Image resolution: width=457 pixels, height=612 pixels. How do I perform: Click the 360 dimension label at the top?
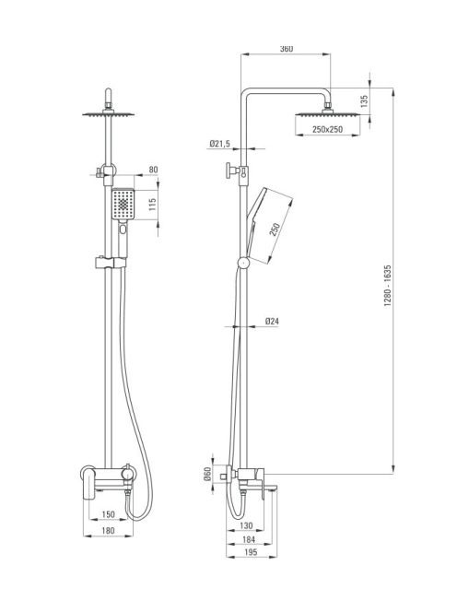point(286,49)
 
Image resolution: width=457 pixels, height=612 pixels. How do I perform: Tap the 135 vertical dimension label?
point(364,101)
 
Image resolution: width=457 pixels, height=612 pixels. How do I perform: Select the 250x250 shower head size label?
point(327,129)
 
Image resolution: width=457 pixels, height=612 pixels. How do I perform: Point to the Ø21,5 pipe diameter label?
point(219,144)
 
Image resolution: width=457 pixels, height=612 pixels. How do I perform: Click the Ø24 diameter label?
point(272,322)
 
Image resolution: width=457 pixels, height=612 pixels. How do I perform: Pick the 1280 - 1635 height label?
point(388,286)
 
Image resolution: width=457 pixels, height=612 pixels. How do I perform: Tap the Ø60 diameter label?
point(207,474)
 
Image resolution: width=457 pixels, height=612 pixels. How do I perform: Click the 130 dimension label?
point(246,525)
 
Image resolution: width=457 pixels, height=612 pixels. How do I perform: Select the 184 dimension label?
point(249,539)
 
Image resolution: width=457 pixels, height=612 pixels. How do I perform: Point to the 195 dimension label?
point(251,552)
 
